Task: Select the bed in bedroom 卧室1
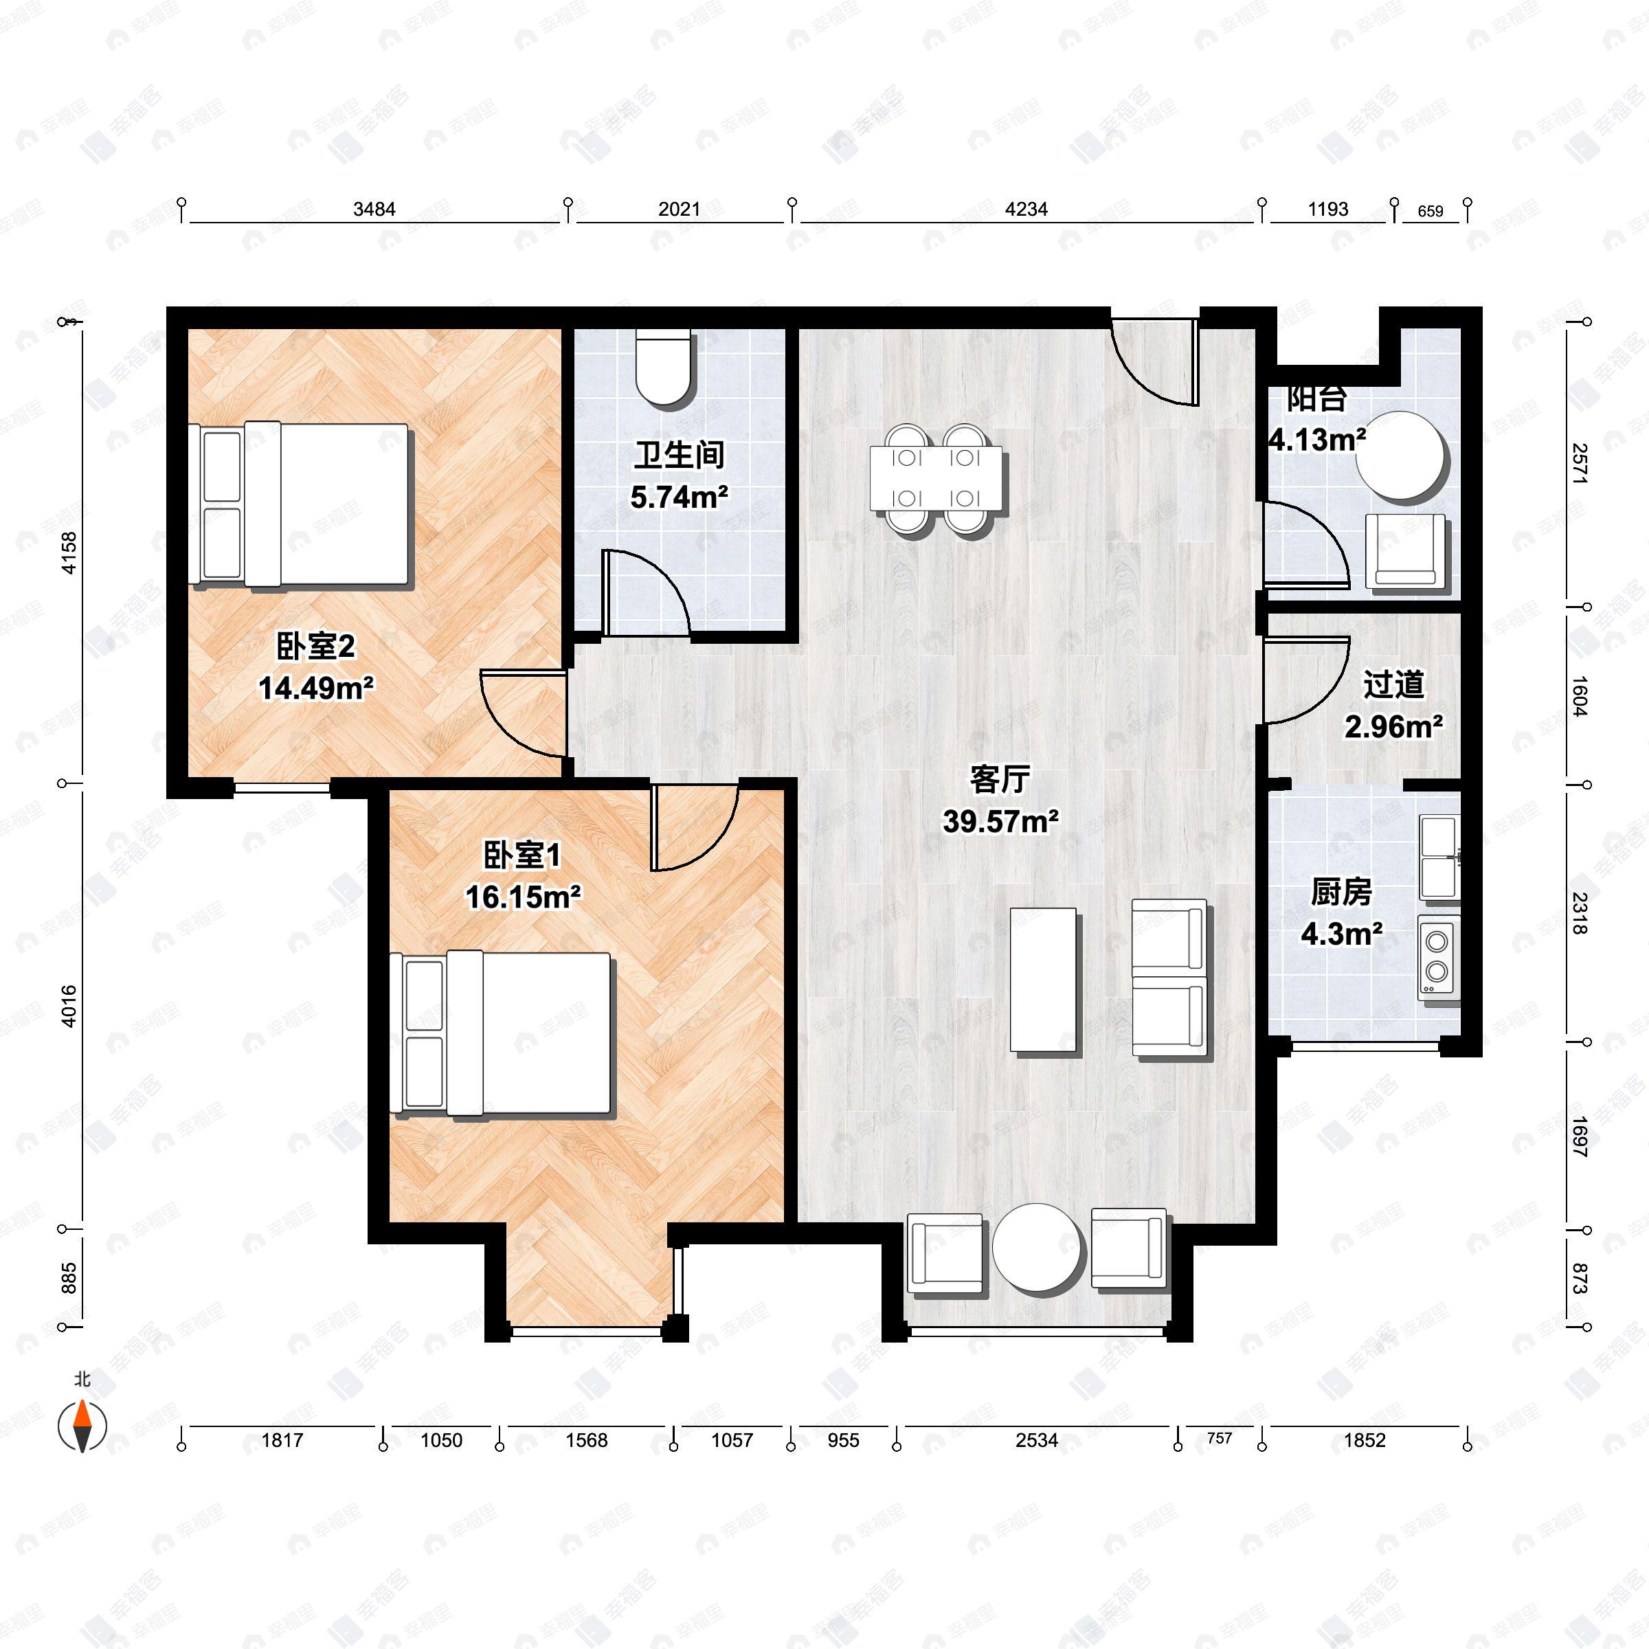click(x=504, y=1033)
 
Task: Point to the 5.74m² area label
click(x=680, y=497)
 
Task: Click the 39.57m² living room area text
click(x=1001, y=821)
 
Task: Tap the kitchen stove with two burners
click(x=1438, y=957)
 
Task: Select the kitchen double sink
click(x=1439, y=857)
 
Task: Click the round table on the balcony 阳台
click(x=1402, y=455)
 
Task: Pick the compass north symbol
click(x=82, y=1426)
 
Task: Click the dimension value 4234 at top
click(x=1026, y=209)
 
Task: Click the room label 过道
click(x=1393, y=684)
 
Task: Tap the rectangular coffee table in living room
click(x=1043, y=979)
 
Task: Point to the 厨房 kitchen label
click(x=1341, y=892)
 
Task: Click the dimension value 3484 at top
click(x=374, y=209)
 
